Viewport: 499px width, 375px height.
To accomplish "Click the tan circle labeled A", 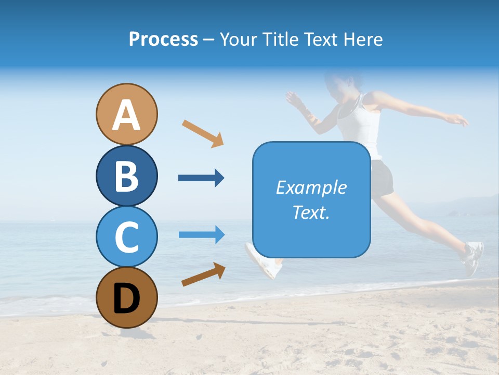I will coord(126,114).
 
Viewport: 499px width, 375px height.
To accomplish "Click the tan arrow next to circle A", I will coord(203,133).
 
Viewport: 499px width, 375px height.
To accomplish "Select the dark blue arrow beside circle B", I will coord(201,178).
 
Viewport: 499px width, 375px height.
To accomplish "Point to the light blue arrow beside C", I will coord(202,234).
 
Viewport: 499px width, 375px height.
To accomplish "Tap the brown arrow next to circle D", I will coord(203,274).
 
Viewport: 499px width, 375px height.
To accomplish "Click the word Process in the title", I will coord(163,39).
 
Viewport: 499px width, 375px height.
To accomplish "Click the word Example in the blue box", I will coord(311,187).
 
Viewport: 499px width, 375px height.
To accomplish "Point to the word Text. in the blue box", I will coord(311,212).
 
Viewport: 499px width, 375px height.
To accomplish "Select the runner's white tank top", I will coord(364,125).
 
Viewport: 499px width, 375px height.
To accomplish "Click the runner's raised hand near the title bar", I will coord(295,97).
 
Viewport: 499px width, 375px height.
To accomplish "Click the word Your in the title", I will coord(238,39).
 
